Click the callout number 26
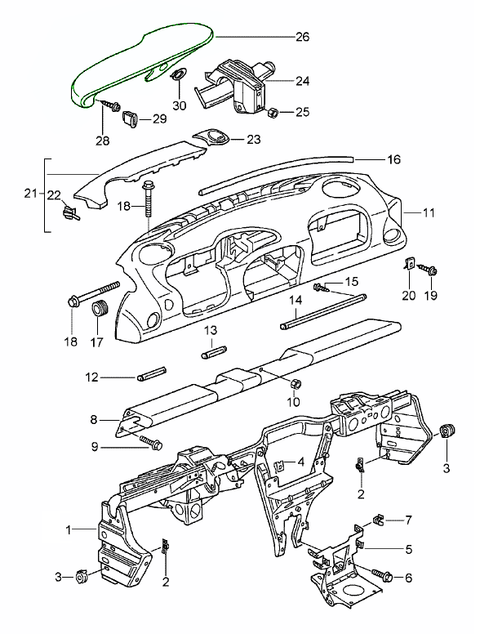pos(302,37)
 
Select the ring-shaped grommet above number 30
pos(178,74)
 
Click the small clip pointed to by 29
pos(131,118)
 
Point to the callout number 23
pos(254,140)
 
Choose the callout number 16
pos(393,159)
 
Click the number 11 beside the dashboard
pos(429,212)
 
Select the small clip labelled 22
pos(70,212)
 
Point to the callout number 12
pos(92,377)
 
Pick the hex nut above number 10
pos(296,383)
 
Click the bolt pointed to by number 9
pos(151,442)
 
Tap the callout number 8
pos(94,420)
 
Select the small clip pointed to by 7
pos(377,521)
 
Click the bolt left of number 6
pos(380,574)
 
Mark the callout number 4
pos(300,462)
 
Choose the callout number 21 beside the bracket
pos(31,194)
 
